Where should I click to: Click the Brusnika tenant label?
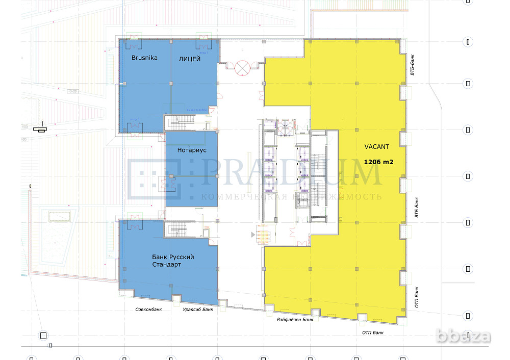click(x=144, y=58)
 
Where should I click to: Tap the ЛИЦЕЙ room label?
click(x=189, y=59)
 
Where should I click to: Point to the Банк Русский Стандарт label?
click(x=173, y=261)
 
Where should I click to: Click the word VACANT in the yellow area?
click(x=376, y=147)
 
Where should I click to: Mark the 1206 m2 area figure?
click(x=378, y=162)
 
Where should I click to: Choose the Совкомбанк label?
click(x=148, y=310)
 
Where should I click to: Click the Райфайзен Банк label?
click(x=295, y=319)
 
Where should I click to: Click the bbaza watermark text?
click(x=470, y=337)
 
